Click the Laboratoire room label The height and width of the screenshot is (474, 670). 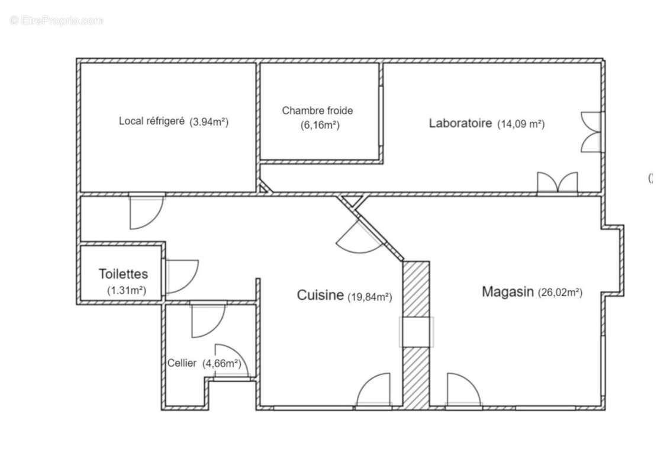coord(460,123)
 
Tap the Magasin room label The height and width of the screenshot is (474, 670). coord(508,292)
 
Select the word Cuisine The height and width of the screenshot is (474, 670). coord(320,294)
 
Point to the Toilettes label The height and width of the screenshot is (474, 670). coord(123,274)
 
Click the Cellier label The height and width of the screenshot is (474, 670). coord(182,363)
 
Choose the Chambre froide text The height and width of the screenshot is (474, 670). coord(317,110)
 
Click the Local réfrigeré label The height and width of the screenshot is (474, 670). coord(152,121)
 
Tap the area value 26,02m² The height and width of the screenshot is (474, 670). coord(560,293)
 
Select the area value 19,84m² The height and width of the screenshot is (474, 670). coord(369,296)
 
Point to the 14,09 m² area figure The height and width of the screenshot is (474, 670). coord(521,124)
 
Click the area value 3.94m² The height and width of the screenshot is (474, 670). coord(209,122)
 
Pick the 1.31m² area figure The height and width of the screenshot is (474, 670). coord(127,290)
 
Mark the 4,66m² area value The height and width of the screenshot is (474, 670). coord(222,364)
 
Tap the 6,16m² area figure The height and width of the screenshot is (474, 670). coord(320,126)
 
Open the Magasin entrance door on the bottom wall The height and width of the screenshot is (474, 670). coord(463,389)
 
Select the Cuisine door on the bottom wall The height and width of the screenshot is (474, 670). coord(373,389)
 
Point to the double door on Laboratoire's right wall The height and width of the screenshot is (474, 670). coord(591,132)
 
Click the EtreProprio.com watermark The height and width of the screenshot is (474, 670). coord(56,20)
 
